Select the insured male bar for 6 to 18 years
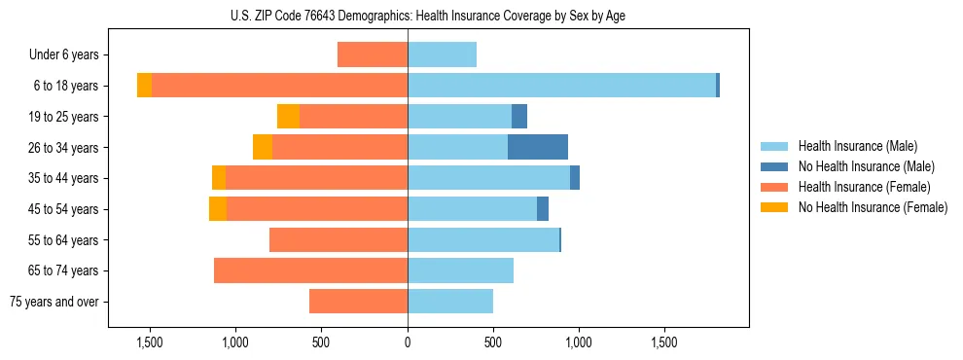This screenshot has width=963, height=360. pos(561,86)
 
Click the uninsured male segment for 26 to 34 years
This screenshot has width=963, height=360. pos(538,147)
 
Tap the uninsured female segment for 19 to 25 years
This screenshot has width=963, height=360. pos(288,117)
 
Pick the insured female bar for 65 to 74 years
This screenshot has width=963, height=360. pos(310,270)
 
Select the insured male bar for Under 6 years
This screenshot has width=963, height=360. pos(442,54)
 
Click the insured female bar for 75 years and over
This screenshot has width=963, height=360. pos(358,302)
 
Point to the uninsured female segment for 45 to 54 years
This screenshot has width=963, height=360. pos(218,209)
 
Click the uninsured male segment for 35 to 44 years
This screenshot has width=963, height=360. pos(575,178)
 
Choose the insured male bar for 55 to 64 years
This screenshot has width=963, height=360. pos(483,239)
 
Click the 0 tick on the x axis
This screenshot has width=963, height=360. pos(408,343)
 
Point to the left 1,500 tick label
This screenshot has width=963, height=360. pos(150,343)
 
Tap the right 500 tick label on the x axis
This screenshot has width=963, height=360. pos(493,343)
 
